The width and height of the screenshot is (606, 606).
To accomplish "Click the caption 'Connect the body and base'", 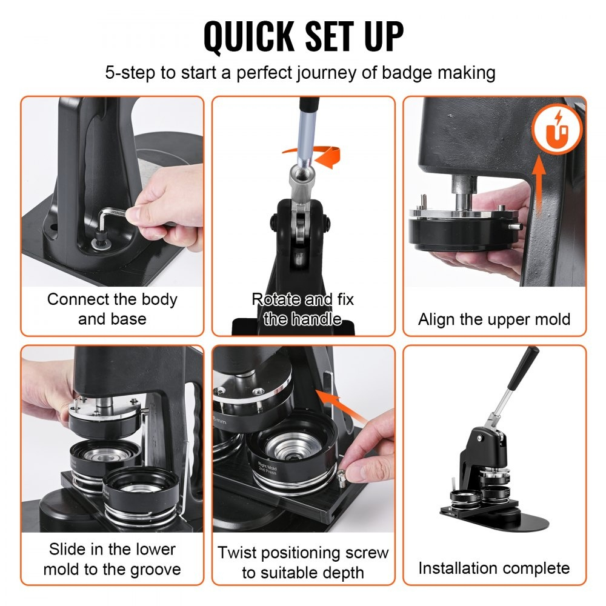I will tap(112, 309).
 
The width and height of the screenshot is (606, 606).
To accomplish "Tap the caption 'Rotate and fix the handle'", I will tap(302, 309).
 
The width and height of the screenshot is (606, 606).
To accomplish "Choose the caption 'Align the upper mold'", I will tap(494, 319).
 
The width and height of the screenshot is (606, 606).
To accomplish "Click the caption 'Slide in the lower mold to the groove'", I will tap(112, 559).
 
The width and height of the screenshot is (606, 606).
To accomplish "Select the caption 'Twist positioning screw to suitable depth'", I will tap(302, 562).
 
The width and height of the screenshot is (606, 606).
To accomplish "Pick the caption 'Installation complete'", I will tap(494, 568).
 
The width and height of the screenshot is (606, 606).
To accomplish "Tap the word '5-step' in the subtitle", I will tap(131, 73).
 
